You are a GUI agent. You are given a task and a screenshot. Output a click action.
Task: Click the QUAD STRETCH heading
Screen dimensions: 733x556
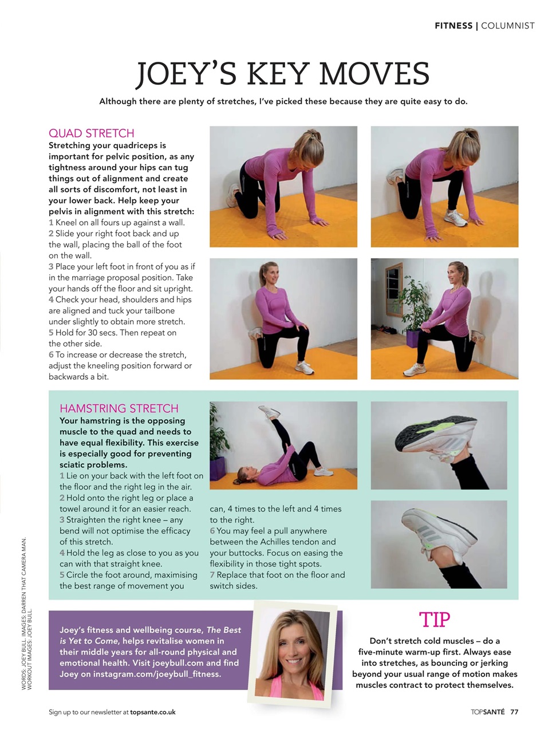click(x=92, y=133)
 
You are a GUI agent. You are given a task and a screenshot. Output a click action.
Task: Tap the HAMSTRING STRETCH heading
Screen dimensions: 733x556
click(x=119, y=408)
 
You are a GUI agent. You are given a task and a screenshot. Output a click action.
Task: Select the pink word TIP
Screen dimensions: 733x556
click(x=435, y=620)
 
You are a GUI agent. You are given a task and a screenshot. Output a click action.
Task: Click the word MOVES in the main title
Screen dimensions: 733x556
click(x=374, y=74)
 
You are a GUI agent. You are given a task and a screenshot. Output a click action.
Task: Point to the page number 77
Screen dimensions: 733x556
click(x=514, y=712)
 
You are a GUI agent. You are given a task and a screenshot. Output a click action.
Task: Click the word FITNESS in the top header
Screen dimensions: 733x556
click(x=454, y=26)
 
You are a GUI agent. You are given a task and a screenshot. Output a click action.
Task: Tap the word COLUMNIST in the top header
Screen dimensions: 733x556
click(x=508, y=26)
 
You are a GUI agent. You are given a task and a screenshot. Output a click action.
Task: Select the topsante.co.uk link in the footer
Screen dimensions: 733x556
click(x=153, y=712)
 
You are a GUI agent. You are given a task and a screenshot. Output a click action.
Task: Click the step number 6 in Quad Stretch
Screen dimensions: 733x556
click(x=51, y=355)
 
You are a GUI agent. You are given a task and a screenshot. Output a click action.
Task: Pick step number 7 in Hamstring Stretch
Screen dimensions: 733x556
click(x=212, y=575)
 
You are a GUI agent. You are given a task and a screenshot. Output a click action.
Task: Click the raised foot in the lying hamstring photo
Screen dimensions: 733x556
click(x=269, y=411)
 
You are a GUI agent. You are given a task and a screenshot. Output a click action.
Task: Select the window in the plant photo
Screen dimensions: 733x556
click(x=393, y=285)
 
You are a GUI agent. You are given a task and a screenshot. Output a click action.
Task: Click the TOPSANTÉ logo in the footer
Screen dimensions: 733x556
click(x=488, y=712)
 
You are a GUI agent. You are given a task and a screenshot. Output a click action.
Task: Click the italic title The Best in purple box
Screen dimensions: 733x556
click(x=224, y=630)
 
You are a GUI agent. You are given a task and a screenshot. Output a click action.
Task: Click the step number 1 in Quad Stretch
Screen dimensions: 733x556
click(x=51, y=223)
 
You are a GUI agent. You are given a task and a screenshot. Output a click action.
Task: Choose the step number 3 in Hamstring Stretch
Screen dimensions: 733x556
click(x=62, y=520)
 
